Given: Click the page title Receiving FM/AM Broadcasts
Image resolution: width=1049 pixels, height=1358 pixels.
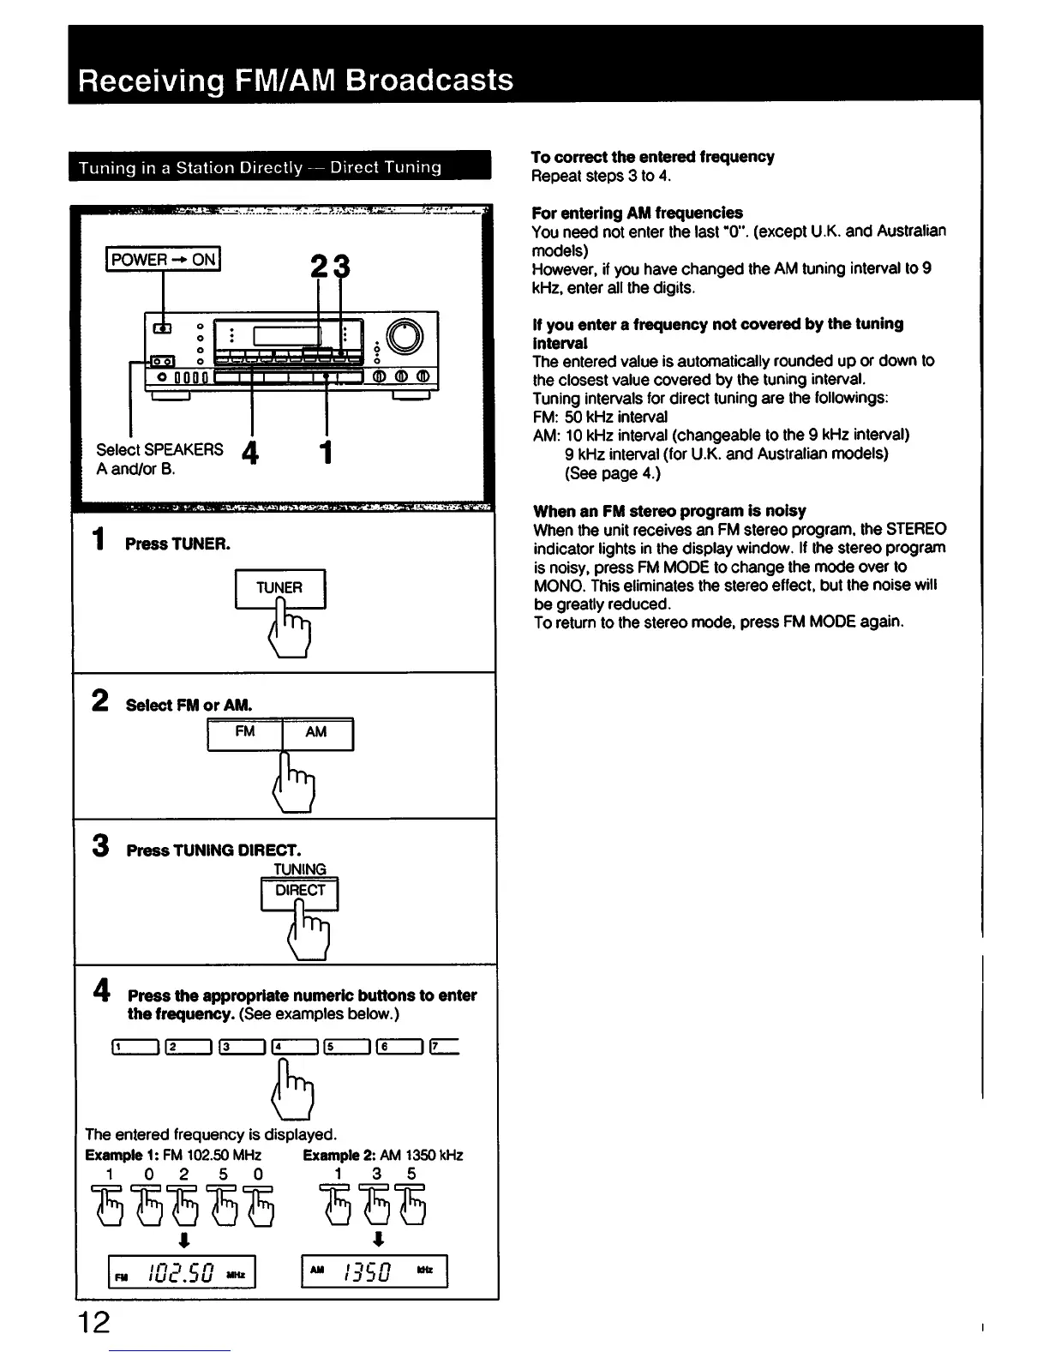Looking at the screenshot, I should pos(296,80).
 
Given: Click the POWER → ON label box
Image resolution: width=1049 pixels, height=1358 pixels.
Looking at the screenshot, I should pos(163,259).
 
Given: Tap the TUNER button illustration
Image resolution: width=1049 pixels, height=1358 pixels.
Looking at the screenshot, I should pos(279,588).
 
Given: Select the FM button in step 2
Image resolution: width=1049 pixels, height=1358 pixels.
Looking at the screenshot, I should pos(245,733).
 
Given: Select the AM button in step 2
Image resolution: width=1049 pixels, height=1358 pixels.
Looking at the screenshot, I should pos(316,733).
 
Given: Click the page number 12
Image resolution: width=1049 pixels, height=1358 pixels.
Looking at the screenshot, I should pos(93,1321).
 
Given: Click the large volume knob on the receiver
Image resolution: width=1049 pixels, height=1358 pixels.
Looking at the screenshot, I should pos(405,337).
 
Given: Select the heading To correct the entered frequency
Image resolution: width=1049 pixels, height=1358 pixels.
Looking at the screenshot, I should pos(652,157).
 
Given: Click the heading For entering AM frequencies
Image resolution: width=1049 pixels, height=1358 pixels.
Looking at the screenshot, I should pos(637,213).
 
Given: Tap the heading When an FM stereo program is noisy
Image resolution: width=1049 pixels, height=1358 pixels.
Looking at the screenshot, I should pos(668,511).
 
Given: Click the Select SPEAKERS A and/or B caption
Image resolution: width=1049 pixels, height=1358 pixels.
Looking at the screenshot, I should pos(159,459).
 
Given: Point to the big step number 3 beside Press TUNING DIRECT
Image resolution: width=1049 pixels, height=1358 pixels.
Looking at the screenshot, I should pos(101,847).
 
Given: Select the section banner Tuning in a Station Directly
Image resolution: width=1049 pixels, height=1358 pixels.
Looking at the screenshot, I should pos(260,167).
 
